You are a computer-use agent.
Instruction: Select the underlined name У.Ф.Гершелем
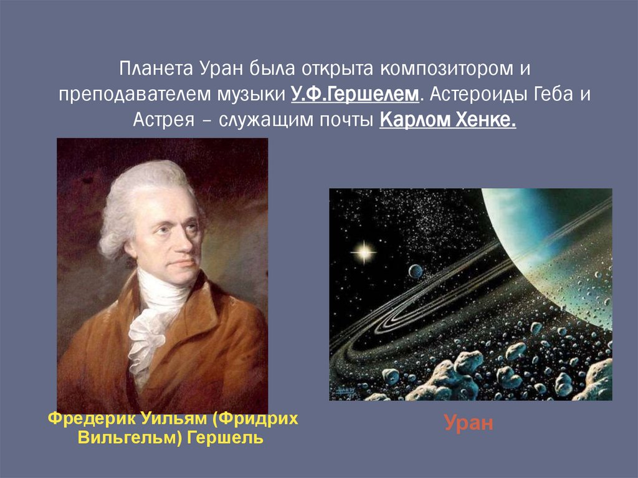pos(355,93)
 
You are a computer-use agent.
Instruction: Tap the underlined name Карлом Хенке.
pos(447,120)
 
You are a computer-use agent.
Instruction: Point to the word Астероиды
pos(476,93)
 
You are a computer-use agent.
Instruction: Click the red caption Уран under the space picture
pos(469,424)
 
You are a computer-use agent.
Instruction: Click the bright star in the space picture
pos(363,252)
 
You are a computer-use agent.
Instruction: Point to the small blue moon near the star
pos(415,270)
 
